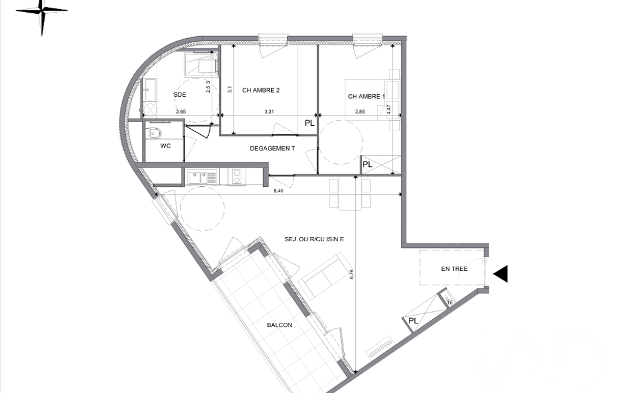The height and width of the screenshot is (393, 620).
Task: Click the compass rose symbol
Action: click(x=42, y=11)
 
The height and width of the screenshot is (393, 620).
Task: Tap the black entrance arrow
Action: click(x=501, y=274)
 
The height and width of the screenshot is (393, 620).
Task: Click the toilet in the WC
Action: click(x=155, y=133)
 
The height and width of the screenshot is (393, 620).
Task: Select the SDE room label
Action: click(x=180, y=95)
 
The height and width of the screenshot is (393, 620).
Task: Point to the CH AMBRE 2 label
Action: click(x=261, y=90)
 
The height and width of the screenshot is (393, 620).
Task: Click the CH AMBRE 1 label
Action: click(x=366, y=97)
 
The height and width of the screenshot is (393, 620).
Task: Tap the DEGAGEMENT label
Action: click(x=272, y=149)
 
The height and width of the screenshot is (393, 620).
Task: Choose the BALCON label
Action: click(x=279, y=325)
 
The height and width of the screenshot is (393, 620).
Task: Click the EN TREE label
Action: click(x=454, y=269)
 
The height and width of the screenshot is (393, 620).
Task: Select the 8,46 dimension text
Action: click(x=279, y=190)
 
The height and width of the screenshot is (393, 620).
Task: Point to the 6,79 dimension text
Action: click(x=351, y=274)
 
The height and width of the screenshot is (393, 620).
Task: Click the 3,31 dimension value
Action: click(x=269, y=111)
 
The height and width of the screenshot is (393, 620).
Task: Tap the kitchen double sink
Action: click(x=203, y=177)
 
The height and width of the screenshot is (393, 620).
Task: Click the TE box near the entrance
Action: click(x=449, y=302)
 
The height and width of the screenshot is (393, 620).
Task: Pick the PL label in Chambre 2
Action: click(x=310, y=123)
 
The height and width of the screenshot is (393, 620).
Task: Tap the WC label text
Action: click(x=165, y=146)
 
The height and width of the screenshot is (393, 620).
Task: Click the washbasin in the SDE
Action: click(x=149, y=90)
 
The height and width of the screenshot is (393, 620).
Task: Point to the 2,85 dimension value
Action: click(x=360, y=111)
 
